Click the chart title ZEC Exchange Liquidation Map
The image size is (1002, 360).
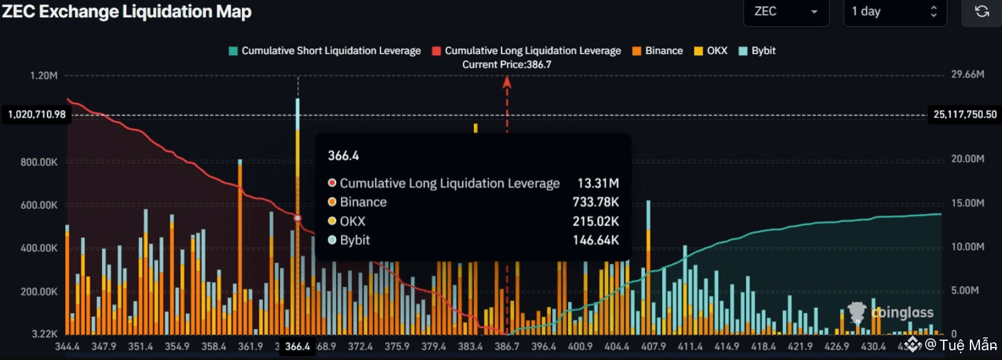click(x=127, y=12)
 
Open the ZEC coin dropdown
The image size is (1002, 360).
click(x=785, y=12)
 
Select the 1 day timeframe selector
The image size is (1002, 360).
click(x=894, y=12)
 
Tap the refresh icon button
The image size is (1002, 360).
click(x=982, y=12)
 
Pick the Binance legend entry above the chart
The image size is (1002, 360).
click(x=657, y=51)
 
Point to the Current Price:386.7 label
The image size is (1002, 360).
click(x=507, y=65)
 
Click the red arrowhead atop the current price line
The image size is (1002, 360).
click(x=507, y=82)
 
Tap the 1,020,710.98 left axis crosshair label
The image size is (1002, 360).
click(x=37, y=114)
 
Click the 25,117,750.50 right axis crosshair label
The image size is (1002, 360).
click(x=964, y=114)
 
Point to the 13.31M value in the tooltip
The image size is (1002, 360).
click(x=598, y=183)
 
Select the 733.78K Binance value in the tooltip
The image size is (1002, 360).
click(x=595, y=202)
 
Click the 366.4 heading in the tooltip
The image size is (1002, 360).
click(x=343, y=156)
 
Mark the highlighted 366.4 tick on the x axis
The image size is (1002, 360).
click(x=297, y=346)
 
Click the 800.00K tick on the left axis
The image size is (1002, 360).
click(x=39, y=162)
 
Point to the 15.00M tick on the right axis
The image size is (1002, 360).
click(x=968, y=203)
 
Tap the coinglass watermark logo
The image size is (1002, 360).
click(x=891, y=313)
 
